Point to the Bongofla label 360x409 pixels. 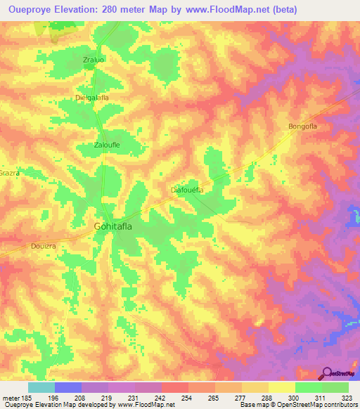pyautogui.click(x=303, y=126)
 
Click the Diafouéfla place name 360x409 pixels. pyautogui.click(x=187, y=190)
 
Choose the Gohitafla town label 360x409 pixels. pyautogui.click(x=118, y=226)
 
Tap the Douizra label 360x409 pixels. pyautogui.click(x=43, y=246)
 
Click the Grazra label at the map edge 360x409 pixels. pyautogui.click(x=9, y=172)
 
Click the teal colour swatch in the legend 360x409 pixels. pyautogui.click(x=41, y=387)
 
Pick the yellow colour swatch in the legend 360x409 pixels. pyautogui.click(x=282, y=387)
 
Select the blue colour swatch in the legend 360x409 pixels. pyautogui.click(x=68, y=387)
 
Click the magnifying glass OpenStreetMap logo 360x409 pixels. pyautogui.click(x=326, y=373)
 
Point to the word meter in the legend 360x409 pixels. pyautogui.click(x=11, y=398)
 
